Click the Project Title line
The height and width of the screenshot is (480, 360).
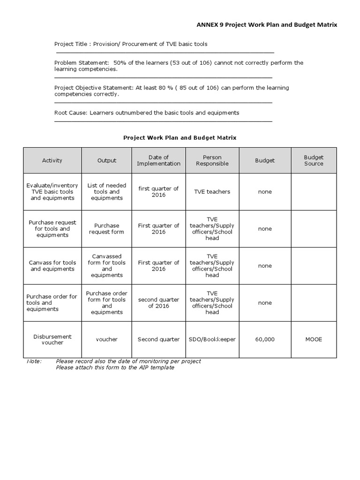pos(131,44)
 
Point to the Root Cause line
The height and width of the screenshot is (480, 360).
pos(147,112)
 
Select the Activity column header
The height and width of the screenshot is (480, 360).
pos(52,160)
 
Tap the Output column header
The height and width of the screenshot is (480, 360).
pos(107,160)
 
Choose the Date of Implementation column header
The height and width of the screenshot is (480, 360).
pos(158,160)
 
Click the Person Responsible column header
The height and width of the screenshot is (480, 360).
pos(212,160)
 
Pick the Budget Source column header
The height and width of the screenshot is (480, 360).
pos(314,160)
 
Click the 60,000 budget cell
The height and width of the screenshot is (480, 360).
pos(265,339)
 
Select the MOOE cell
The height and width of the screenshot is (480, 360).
pos(314,339)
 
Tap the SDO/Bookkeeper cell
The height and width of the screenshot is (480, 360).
pos(212,339)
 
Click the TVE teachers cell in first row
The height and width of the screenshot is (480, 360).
pos(212,192)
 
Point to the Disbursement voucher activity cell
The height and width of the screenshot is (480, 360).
pos(52,339)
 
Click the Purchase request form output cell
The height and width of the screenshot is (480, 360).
pos(107,229)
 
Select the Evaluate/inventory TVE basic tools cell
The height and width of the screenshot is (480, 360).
pos(52,192)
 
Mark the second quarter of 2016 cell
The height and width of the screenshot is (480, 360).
pos(158,303)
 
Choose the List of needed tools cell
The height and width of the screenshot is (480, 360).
pos(107,192)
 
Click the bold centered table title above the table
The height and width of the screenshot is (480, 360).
pos(180,138)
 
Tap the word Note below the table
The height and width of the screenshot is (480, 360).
pos(34,361)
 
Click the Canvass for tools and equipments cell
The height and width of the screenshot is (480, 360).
pos(52,266)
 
